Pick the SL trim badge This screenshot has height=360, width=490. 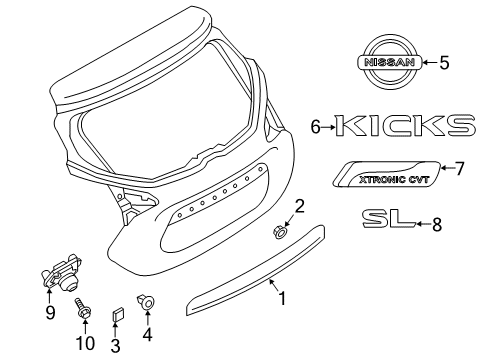click(387, 220)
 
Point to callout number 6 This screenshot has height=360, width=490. click(316, 127)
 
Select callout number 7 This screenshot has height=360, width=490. click(460, 168)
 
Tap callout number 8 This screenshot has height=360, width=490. click(436, 226)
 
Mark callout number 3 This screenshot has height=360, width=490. click(114, 345)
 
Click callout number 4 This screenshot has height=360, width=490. click(148, 335)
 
